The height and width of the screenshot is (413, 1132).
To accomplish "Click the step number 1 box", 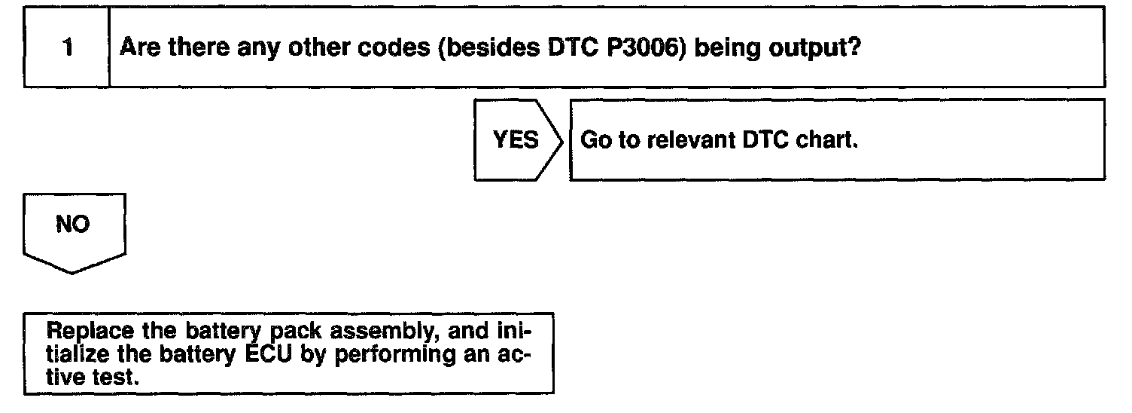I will (67, 48).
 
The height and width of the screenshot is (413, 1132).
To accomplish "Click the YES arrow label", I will (516, 140).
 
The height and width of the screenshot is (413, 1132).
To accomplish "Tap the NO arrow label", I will (72, 225).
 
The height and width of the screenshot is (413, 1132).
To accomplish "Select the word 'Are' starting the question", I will (141, 48).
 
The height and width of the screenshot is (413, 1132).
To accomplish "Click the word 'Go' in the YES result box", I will (594, 141).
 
